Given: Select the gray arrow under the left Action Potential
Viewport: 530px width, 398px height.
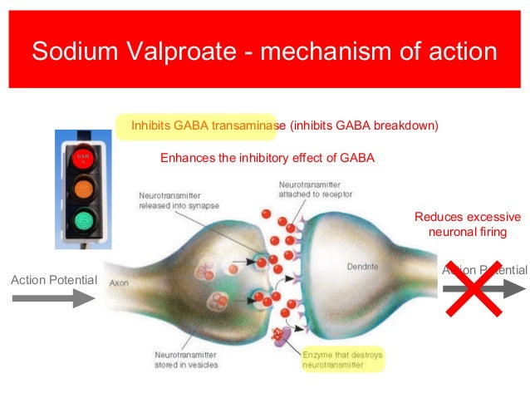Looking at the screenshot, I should coord(56,297).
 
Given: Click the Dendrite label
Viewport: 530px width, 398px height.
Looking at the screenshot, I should coord(362,268).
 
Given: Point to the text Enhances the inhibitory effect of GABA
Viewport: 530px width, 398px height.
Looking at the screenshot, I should coord(267,157).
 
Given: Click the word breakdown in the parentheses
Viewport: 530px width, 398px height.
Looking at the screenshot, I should coord(403,125).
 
